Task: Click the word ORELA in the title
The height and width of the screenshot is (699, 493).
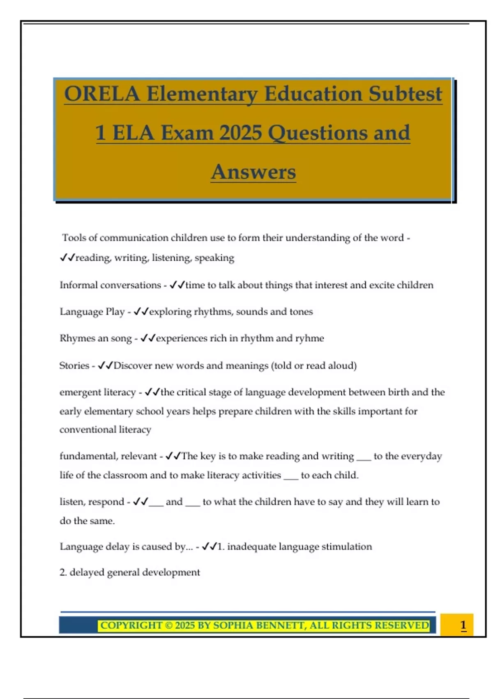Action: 102,94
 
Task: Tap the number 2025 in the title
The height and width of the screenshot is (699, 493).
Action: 241,133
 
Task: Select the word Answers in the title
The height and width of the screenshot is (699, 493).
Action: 253,172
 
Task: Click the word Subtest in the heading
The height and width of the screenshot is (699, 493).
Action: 405,94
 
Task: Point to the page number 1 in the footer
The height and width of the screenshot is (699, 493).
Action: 463,625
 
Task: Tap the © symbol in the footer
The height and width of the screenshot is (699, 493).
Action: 168,625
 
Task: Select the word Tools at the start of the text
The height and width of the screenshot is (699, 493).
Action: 74,238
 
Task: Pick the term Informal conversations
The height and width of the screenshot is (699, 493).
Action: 110,285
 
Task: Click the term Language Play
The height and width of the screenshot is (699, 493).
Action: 92,312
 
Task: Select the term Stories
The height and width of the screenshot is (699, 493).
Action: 74,366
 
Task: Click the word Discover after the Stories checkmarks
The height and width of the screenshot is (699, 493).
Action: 132,366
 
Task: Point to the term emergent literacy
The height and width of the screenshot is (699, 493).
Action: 97,392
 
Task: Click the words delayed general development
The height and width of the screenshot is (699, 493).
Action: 134,572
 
